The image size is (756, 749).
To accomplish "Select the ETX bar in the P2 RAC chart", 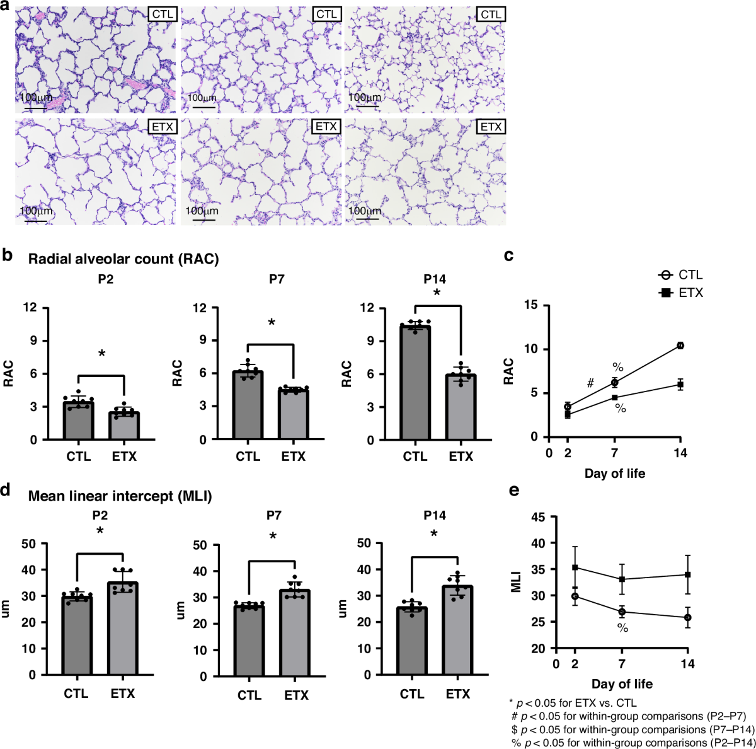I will (124, 426).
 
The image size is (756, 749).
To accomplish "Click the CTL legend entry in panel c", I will (680, 275).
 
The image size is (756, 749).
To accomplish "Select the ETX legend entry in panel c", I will (680, 293).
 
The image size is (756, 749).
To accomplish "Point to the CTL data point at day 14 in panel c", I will (680, 345).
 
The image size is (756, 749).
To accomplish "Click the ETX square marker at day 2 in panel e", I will (575, 567).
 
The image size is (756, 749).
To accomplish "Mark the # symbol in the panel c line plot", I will (590, 383).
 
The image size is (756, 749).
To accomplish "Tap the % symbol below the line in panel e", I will (622, 628).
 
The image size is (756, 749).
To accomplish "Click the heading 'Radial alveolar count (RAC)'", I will (123, 259).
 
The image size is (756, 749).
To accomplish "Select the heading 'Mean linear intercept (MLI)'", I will (120, 497).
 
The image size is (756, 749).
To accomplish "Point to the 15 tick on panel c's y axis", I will (534, 305).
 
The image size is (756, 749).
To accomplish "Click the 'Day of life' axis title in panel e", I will (622, 684).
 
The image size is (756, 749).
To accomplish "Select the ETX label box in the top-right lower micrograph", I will (491, 127).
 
